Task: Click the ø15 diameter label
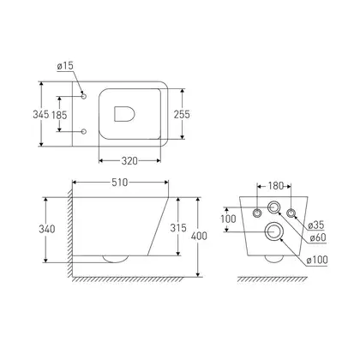click(65, 66)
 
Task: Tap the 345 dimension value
click(41, 114)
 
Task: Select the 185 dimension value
click(59, 115)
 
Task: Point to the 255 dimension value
click(182, 114)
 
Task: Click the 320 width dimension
click(129, 161)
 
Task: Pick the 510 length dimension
click(120, 183)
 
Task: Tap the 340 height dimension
click(47, 229)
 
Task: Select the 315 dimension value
click(178, 228)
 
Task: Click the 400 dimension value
click(199, 236)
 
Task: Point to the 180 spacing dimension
click(275, 186)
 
